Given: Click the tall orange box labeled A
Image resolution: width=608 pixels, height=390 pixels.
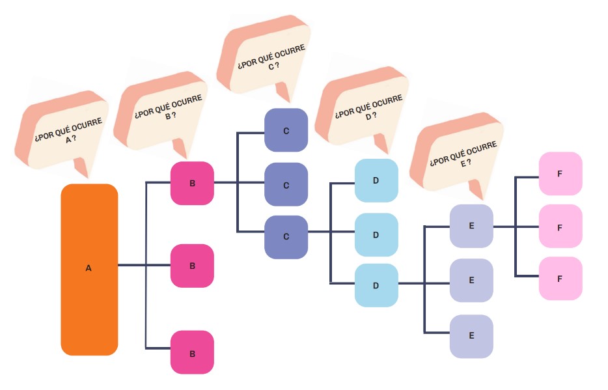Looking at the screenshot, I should point(89,269).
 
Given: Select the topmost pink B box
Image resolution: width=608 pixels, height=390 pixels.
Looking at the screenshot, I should point(192,184).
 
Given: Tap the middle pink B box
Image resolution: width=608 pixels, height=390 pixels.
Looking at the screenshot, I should point(192,266).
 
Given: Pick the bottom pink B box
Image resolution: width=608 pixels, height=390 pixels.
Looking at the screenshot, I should point(192,352).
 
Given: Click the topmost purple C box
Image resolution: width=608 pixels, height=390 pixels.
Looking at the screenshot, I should point(286,130).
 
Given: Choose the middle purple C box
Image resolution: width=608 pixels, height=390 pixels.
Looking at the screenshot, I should point(286,185).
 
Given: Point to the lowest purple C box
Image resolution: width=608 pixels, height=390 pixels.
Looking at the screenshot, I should point(286,236).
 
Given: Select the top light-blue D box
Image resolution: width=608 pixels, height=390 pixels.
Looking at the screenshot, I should point(376,180).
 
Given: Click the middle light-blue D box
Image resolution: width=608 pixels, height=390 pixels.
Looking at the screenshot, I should point(376,234).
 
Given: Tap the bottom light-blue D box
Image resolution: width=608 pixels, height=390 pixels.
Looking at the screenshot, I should point(376,285).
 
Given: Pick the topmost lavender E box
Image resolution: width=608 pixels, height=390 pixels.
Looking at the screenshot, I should point(471,226).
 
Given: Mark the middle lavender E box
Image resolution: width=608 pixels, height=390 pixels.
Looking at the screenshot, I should point(471,280).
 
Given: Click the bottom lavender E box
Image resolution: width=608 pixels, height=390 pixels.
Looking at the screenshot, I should point(471,336).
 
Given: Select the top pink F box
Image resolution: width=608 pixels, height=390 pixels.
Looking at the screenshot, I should point(560,174).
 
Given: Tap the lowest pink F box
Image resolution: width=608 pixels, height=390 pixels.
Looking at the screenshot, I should point(560,278).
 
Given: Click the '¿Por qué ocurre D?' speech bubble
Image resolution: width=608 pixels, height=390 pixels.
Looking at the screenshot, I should point(362,107).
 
